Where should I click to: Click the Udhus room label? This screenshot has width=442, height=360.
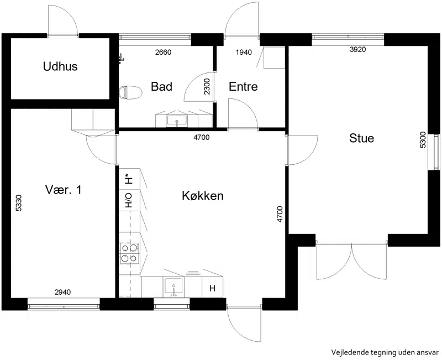(60, 66)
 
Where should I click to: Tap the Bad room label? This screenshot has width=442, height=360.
(161, 86)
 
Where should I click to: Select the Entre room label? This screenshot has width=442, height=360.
(243, 86)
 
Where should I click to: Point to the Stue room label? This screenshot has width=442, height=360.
(362, 138)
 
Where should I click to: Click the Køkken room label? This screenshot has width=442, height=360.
(203, 196)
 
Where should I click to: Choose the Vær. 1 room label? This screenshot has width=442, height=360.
(64, 190)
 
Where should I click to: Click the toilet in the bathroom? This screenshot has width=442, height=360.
(130, 92)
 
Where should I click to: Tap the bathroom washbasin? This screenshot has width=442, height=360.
(177, 121)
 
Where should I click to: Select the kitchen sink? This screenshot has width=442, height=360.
(173, 287)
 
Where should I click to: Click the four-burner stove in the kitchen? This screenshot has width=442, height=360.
(129, 253)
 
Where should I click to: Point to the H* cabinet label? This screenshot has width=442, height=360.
(129, 179)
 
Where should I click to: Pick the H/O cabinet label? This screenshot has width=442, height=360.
(129, 200)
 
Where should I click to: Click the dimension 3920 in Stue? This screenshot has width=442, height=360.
(357, 49)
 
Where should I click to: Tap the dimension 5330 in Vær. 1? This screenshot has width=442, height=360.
(18, 203)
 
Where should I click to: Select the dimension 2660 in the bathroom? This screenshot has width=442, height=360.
(164, 52)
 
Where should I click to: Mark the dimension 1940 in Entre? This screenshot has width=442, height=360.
(244, 52)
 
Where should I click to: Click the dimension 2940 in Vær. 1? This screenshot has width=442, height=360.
(63, 292)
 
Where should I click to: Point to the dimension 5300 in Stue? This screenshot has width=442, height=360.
(423, 140)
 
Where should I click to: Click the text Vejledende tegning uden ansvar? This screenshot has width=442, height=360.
(385, 352)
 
